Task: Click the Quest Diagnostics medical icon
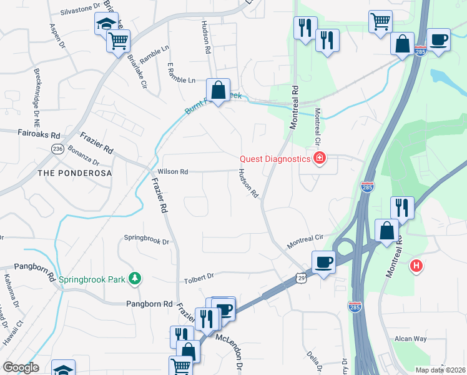pyautogui.click(x=320, y=158)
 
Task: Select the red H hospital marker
pyautogui.click(x=416, y=266)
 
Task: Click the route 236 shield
pyautogui.click(x=58, y=149)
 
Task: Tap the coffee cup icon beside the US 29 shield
pyautogui.click(x=323, y=262)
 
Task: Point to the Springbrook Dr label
pyautogui.click(x=147, y=239)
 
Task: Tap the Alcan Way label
pyautogui.click(x=410, y=339)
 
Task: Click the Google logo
pyautogui.click(x=21, y=367)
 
